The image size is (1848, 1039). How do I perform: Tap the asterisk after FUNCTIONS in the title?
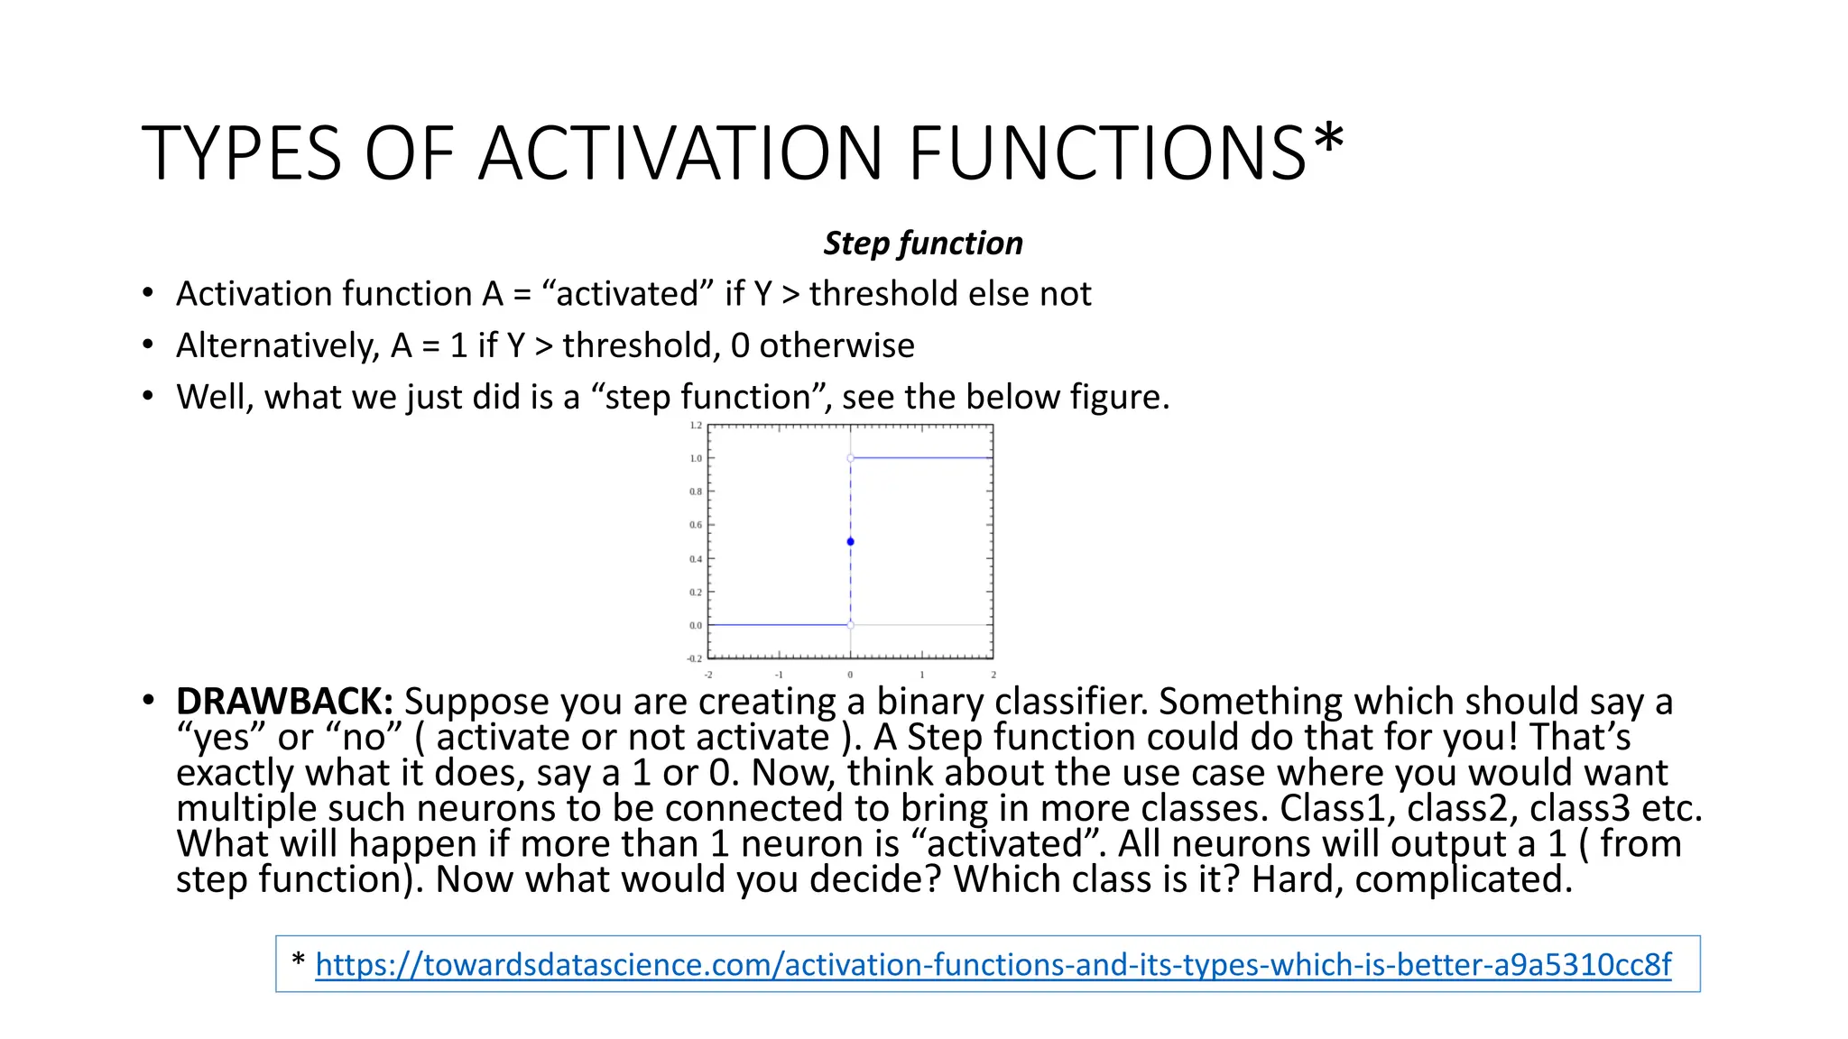tap(1328, 141)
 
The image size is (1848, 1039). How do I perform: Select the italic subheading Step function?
tap(923, 244)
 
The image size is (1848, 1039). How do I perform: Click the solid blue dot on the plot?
tap(850, 542)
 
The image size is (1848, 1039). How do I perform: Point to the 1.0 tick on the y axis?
tap(696, 458)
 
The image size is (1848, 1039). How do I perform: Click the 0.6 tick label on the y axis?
tap(696, 525)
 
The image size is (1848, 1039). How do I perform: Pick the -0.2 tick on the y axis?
tap(695, 658)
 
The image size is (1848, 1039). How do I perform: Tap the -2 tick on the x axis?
tap(708, 675)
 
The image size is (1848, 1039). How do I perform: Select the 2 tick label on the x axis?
tap(993, 675)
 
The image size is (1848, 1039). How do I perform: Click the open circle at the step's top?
tap(850, 458)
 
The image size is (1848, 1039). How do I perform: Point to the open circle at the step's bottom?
tap(850, 624)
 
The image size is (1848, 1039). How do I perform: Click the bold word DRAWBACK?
tap(283, 702)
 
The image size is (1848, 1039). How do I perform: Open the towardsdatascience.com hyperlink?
tap(993, 965)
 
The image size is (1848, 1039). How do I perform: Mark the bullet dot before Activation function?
tap(148, 294)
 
